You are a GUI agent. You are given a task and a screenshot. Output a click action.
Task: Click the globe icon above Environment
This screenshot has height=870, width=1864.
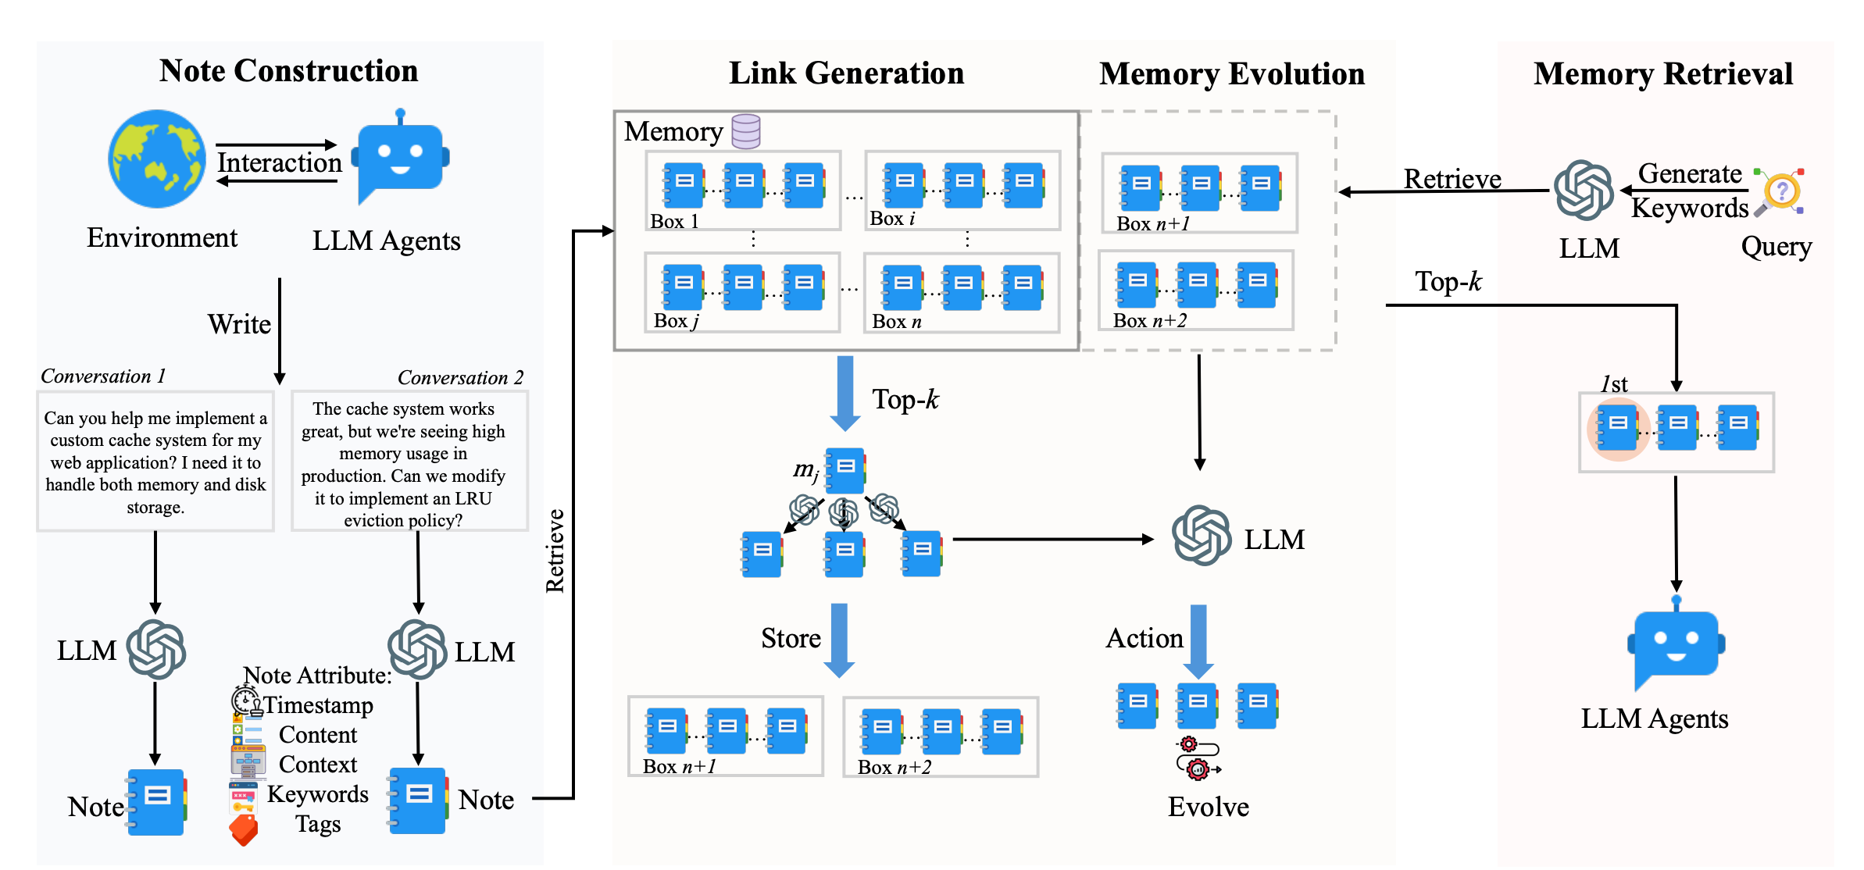[157, 159]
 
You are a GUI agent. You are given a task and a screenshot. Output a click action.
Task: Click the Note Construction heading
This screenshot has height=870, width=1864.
[288, 71]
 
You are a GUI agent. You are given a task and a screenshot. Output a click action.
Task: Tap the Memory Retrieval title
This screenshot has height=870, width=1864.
[1662, 74]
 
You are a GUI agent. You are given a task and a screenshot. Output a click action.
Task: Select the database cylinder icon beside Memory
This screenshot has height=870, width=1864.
[745, 131]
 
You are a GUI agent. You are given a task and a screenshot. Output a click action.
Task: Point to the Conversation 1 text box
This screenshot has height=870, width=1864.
[155, 462]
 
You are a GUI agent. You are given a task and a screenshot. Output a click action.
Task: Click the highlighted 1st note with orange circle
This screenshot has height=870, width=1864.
[1618, 428]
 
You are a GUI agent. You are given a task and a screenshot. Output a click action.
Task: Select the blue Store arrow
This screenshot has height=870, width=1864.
[839, 640]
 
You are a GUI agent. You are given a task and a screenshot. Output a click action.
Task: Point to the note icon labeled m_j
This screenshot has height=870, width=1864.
[845, 470]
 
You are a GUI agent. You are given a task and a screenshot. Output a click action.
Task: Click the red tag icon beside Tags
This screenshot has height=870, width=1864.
[244, 830]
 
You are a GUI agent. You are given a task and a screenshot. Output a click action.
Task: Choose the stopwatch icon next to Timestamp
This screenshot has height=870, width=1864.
[246, 701]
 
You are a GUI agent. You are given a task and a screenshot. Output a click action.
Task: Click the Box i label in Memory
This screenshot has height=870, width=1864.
[891, 219]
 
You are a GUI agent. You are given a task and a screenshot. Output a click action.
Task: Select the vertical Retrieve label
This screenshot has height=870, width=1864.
[555, 551]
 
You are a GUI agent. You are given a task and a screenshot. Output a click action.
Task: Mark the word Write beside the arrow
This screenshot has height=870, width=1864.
[239, 324]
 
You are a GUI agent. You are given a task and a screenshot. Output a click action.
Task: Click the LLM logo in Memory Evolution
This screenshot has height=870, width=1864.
[1201, 536]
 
